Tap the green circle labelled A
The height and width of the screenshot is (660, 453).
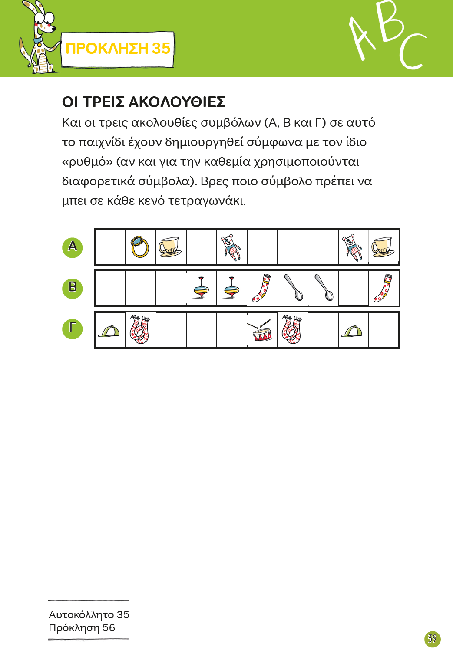73,247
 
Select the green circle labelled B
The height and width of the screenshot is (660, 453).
73,288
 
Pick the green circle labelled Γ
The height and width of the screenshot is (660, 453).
73,329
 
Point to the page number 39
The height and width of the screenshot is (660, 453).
432,639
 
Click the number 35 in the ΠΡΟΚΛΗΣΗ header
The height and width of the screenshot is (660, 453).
161,49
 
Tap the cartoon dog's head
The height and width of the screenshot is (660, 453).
43,20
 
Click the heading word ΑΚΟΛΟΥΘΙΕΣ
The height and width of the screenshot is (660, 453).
177,102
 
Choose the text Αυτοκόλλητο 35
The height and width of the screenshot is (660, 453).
89,615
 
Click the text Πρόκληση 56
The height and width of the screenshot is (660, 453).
82,628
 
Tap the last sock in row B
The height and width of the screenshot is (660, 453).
384,288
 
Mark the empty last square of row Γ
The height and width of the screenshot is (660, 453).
384,330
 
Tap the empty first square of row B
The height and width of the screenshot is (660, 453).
110,289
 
